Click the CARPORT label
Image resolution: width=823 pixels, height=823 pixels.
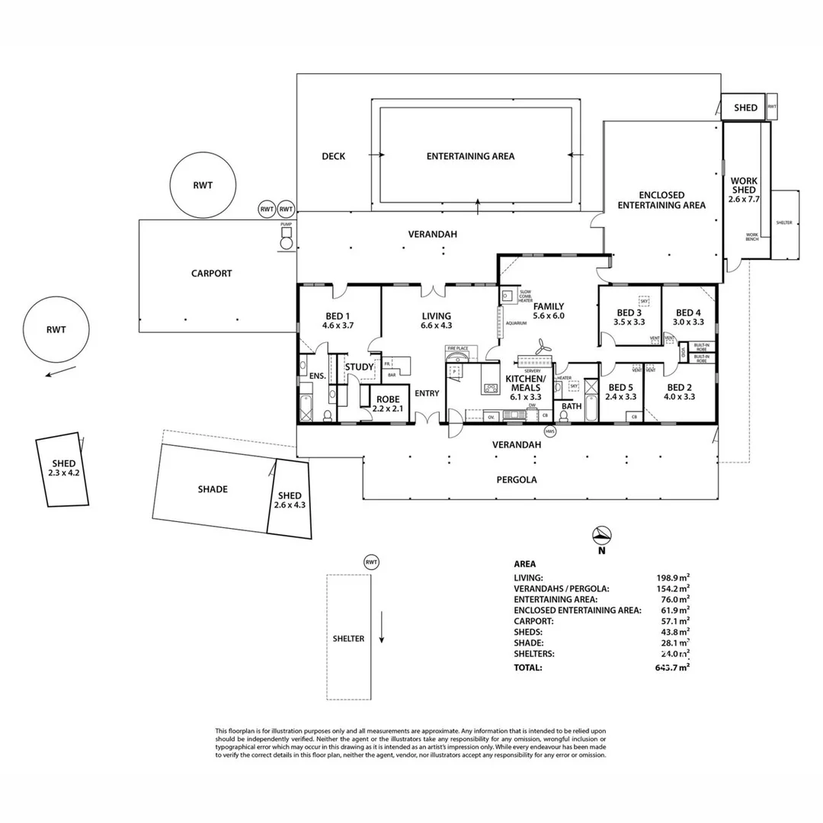(x=211, y=274)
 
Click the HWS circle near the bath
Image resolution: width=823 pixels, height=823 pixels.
(x=551, y=431)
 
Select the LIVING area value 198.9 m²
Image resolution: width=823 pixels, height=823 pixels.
(x=674, y=578)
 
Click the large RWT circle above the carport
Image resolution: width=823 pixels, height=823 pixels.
(x=202, y=185)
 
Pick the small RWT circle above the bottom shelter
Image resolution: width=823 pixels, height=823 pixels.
(x=371, y=562)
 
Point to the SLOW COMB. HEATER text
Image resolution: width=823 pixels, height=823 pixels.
(x=525, y=296)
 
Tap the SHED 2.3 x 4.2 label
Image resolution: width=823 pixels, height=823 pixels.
(x=63, y=468)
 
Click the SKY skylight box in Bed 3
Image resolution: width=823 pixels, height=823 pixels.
(x=644, y=301)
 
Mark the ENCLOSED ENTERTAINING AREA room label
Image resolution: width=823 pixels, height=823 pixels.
(x=661, y=200)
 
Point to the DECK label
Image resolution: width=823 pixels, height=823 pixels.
(x=333, y=156)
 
